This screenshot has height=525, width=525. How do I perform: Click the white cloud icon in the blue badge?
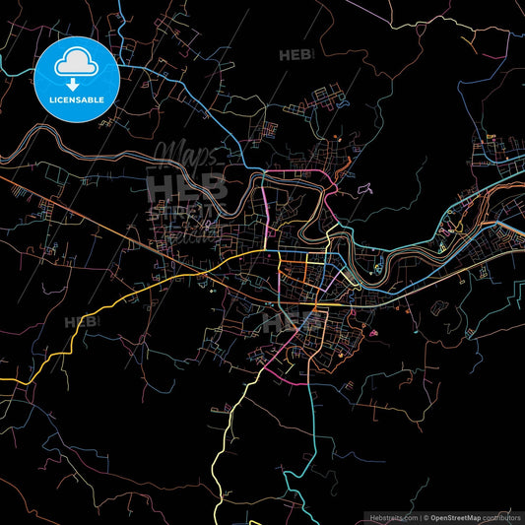(76, 66)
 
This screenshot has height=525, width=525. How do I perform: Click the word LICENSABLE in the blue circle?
(76, 100)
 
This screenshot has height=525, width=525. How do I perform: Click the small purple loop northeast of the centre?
(365, 187)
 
